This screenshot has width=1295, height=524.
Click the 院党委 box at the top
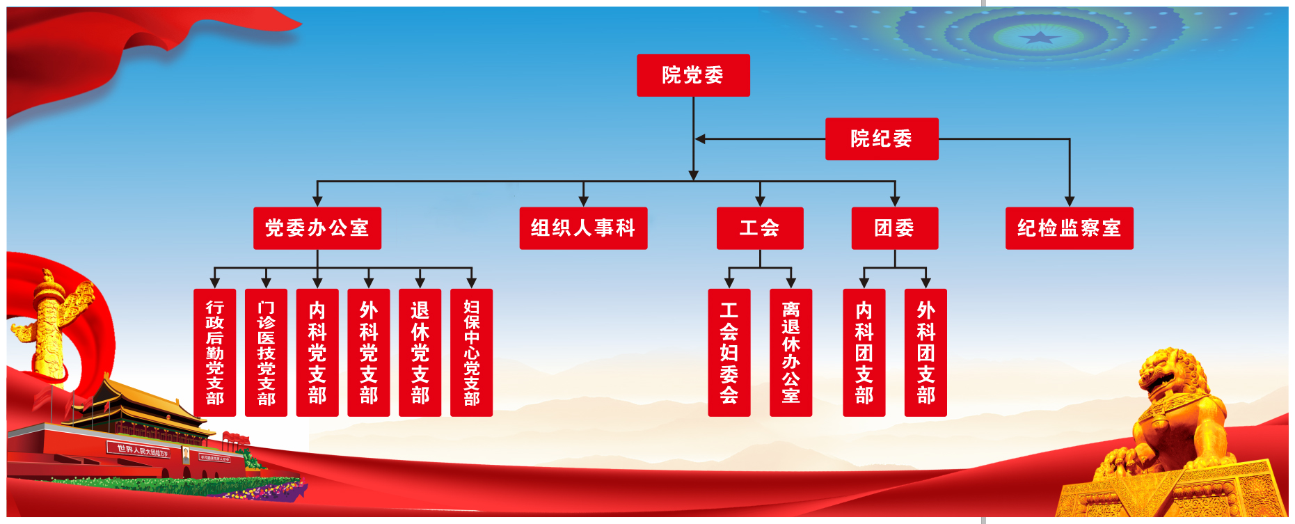coord(693,75)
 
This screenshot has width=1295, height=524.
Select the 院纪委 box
coord(882,139)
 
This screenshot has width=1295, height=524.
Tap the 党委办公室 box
coord(317,228)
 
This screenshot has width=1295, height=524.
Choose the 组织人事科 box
coord(583,228)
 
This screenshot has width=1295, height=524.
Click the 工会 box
coord(760,228)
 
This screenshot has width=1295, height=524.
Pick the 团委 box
coord(895,228)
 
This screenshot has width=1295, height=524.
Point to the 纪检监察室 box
coord(1070,228)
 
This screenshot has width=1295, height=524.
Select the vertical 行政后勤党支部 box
coord(215,353)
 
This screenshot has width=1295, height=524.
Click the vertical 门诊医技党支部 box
coord(267,353)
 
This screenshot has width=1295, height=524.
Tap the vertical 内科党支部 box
coord(317,353)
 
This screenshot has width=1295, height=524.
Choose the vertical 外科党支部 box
coord(369,353)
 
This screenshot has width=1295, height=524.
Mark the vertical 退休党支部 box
coord(420,353)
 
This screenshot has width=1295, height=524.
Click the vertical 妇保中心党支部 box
coord(472,353)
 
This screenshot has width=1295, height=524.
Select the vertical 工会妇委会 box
coord(729,353)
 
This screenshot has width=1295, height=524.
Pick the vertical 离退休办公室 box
coord(791,353)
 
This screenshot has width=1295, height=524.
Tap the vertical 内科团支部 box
coord(864,353)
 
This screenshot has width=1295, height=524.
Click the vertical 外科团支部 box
coord(926,353)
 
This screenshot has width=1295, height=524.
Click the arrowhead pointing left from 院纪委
coord(700,139)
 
